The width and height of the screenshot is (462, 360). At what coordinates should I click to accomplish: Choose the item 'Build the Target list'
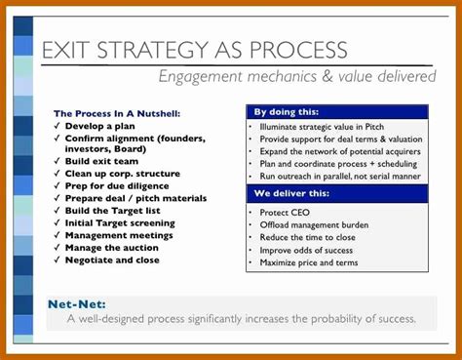(119, 210)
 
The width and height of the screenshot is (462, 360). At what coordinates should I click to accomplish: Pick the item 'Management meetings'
(119, 234)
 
